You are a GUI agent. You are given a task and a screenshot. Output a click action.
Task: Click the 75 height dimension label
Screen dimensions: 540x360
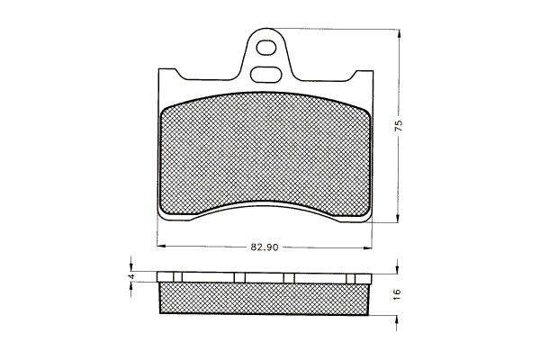click(x=399, y=125)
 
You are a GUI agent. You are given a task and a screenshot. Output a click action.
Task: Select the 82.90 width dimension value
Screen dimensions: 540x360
click(x=265, y=247)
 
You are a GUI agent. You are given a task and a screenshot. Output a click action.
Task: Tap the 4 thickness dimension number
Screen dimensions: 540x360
click(x=130, y=276)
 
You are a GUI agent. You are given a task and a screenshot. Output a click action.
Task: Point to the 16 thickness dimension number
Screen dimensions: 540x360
click(x=397, y=294)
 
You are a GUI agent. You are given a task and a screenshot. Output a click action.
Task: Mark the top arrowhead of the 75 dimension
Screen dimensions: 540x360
click(x=399, y=34)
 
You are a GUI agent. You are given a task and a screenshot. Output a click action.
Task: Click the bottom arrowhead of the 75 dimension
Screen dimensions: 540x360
click(x=398, y=218)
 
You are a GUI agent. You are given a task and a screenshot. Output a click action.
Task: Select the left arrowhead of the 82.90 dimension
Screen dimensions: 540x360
click(x=162, y=246)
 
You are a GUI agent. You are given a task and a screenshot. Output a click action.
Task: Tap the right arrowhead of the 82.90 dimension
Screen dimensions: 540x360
click(x=367, y=247)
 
